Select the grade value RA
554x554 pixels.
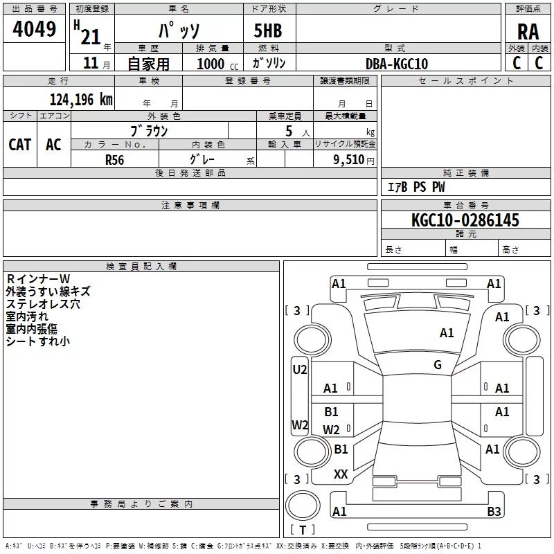[528, 31]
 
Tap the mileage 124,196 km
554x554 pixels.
[80, 100]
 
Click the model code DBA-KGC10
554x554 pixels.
[397, 64]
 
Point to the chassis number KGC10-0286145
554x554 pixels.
[465, 220]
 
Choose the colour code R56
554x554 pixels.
[115, 159]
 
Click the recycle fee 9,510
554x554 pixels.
[349, 159]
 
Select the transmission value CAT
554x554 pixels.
[19, 144]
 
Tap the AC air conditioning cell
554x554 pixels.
[53, 144]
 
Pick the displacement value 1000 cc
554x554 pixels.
[215, 64]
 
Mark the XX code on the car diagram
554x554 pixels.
[341, 474]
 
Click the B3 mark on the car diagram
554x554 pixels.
[494, 512]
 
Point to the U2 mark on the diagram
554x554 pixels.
[299, 370]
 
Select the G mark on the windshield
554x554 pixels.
[438, 365]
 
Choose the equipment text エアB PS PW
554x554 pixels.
[415, 187]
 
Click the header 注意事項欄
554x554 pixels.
[190, 206]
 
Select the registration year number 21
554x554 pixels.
[91, 31]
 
